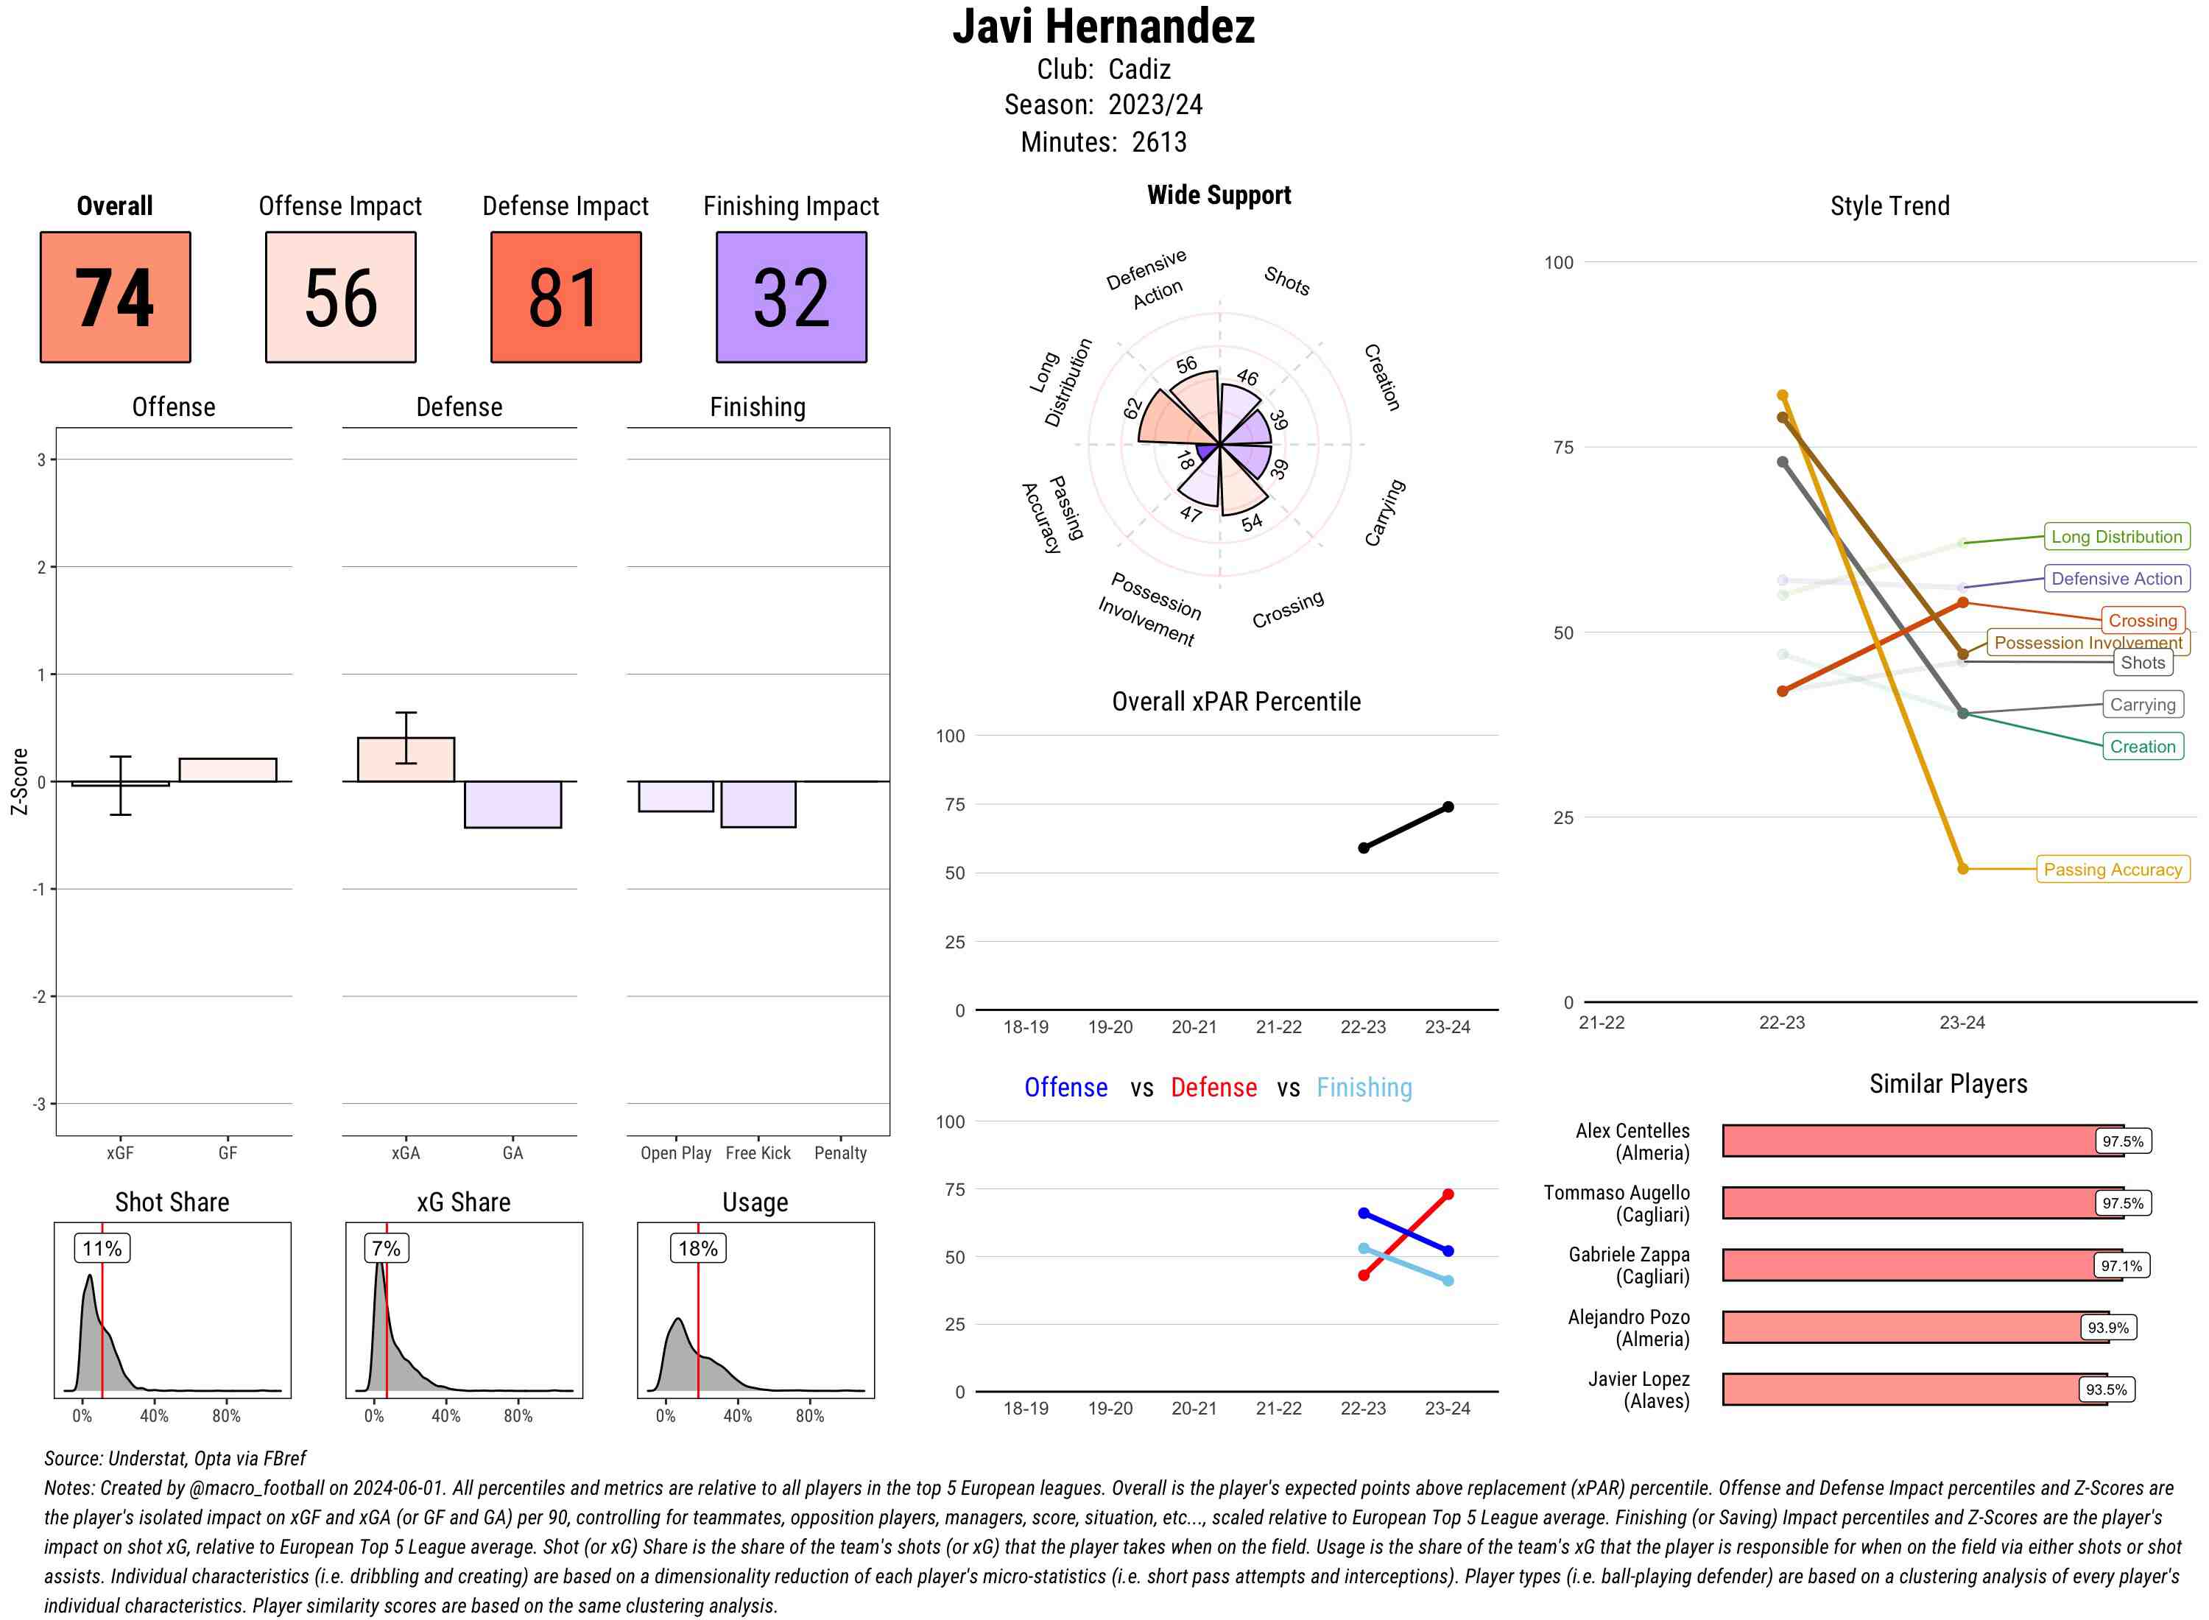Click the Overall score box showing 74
(115, 297)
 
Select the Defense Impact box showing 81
(566, 297)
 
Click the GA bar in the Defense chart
(512, 804)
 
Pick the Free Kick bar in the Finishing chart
(758, 804)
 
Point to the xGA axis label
(405, 1153)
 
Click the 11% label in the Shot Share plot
(102, 1248)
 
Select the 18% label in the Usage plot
(697, 1248)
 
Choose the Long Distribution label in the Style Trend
(2116, 536)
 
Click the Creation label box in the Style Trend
(2142, 746)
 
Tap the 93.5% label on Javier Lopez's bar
(2105, 1390)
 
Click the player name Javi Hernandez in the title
(1103, 27)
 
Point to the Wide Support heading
(1219, 195)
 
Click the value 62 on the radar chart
(1133, 408)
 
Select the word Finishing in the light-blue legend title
(1364, 1088)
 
